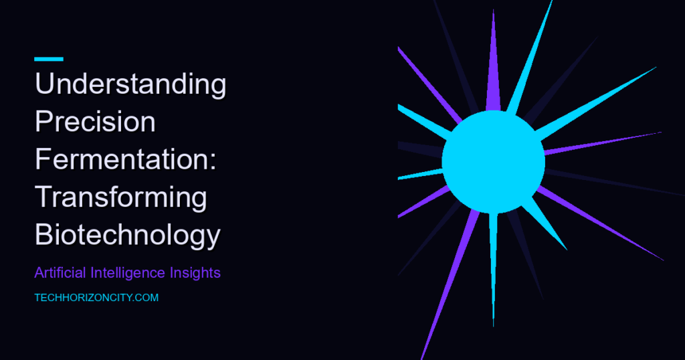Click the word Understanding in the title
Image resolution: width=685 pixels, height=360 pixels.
[130, 84]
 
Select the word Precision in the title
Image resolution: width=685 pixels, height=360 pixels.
[95, 121]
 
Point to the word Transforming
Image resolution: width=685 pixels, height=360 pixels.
[121, 197]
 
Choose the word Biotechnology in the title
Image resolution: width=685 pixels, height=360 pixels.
[128, 236]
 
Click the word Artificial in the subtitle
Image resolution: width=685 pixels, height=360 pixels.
[60, 272]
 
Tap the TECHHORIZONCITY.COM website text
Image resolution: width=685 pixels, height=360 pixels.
[96, 298]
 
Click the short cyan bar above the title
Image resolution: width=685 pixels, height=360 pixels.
[49, 59]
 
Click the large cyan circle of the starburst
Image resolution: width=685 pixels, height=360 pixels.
[494, 162]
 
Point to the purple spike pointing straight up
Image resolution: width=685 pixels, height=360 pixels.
[493, 61]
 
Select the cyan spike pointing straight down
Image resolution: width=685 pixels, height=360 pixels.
[494, 269]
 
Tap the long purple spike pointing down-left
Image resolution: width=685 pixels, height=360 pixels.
[450, 284]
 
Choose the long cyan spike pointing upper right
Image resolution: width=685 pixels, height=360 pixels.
[596, 102]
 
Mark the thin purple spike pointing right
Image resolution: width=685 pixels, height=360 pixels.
[603, 143]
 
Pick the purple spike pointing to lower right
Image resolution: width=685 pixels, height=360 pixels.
[601, 223]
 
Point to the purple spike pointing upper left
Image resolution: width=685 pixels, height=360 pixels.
[429, 85]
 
